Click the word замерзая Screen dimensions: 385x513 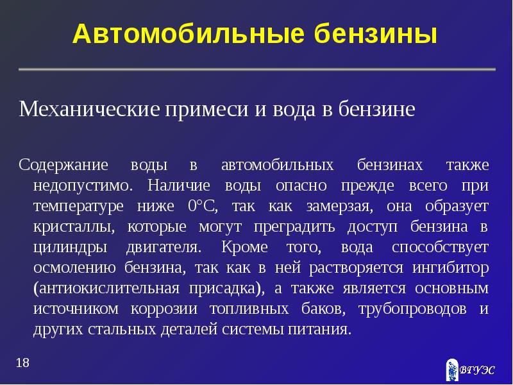click(x=338, y=206)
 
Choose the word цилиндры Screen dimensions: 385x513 click(x=68, y=247)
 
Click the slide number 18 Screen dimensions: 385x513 click(x=22, y=364)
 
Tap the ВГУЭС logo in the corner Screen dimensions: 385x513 click(x=469, y=370)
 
